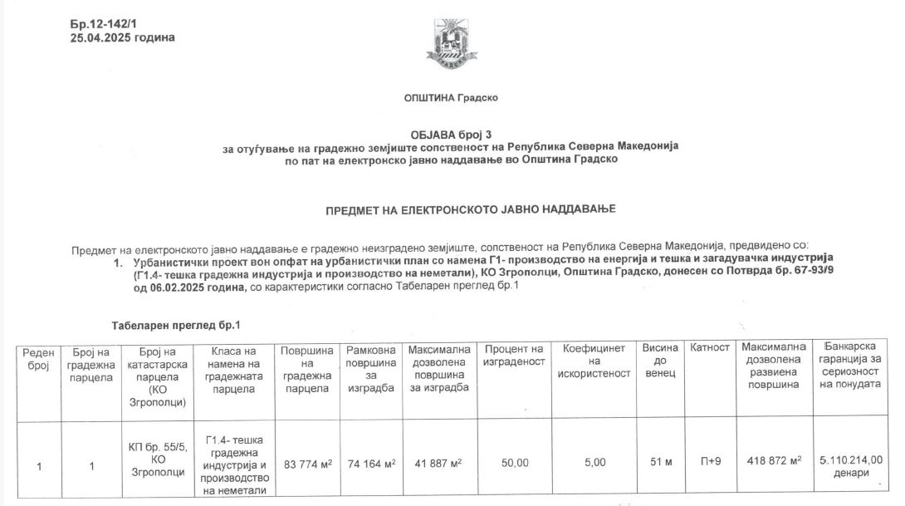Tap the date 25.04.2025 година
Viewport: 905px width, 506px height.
click(x=123, y=37)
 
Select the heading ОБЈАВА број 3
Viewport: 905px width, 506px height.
click(x=451, y=134)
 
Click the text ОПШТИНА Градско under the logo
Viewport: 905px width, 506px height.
click(x=451, y=97)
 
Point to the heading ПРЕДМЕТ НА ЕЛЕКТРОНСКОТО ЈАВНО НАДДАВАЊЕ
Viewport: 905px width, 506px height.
click(x=470, y=209)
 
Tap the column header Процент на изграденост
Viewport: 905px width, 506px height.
click(x=515, y=355)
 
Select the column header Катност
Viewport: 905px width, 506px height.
click(x=710, y=347)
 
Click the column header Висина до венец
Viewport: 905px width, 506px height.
click(x=660, y=361)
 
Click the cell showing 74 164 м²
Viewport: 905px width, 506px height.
click(x=371, y=462)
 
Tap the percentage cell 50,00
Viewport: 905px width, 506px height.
click(x=515, y=463)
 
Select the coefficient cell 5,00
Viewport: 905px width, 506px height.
click(x=594, y=463)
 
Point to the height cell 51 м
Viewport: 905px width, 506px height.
click(x=660, y=463)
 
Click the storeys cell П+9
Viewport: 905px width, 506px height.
click(x=710, y=463)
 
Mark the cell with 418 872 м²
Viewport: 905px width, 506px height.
click(x=773, y=462)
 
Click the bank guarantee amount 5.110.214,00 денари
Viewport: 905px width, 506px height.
click(x=850, y=465)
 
